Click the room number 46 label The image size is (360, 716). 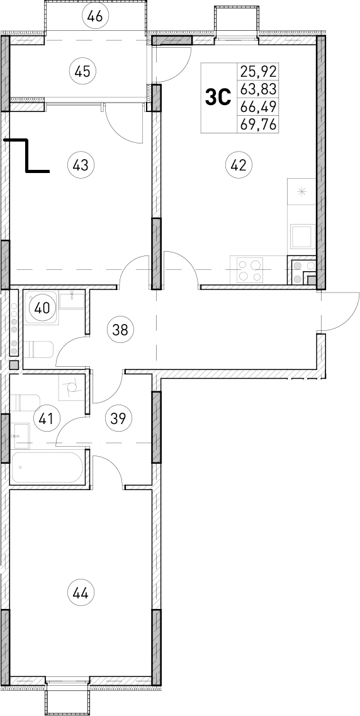point(96,16)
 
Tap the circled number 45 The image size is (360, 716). point(82,71)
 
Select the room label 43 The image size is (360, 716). point(80,165)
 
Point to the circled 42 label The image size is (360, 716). point(238,165)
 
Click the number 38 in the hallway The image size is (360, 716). point(118,328)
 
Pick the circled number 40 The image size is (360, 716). point(42,308)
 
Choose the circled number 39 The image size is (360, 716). point(118,418)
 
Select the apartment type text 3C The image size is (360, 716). point(218,98)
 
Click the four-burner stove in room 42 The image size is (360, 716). point(249,271)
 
